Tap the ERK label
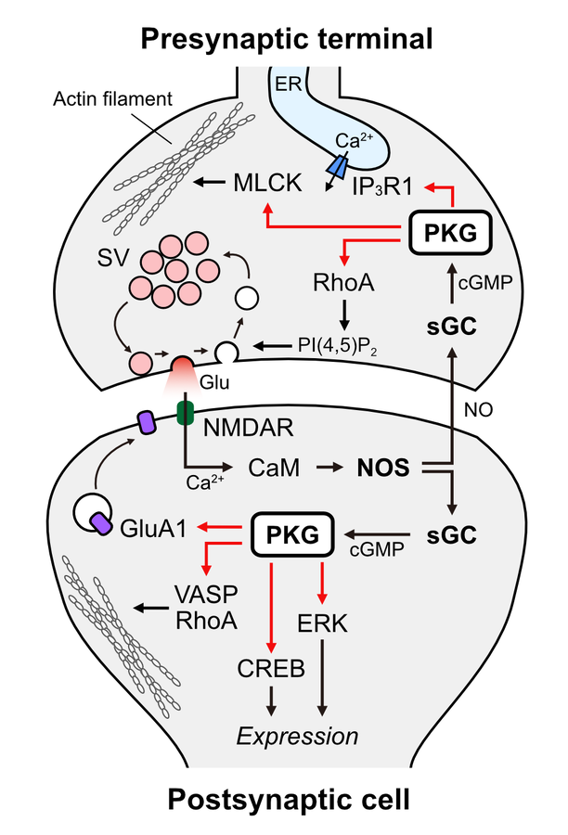tap(324, 623)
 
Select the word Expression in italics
tap(298, 737)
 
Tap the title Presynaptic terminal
tap(287, 39)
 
